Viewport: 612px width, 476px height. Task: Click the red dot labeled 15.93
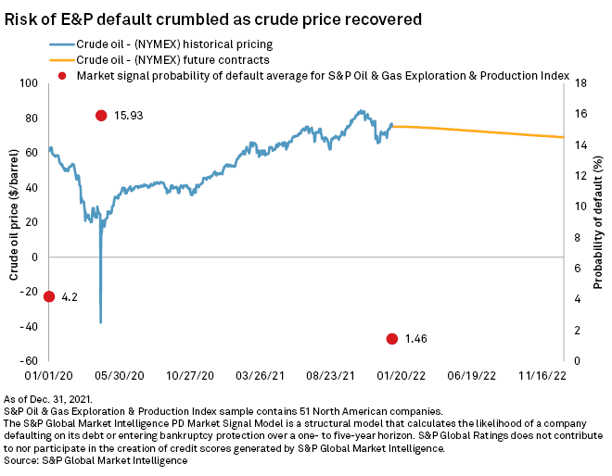tap(100, 115)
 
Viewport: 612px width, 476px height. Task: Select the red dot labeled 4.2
tap(48, 296)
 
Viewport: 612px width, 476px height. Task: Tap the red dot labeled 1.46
tap(392, 339)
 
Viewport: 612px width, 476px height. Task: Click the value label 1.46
tap(416, 340)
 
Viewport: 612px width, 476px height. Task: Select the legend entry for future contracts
tap(160, 59)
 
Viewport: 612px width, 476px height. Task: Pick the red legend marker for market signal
tap(63, 75)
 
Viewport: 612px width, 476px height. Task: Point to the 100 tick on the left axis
tap(30, 83)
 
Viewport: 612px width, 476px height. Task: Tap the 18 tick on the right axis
tap(579, 83)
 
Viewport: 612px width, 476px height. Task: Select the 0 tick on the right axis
tap(576, 361)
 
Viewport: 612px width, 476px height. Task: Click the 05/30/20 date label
tap(120, 376)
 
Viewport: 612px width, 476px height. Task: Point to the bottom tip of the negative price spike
tap(100, 322)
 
